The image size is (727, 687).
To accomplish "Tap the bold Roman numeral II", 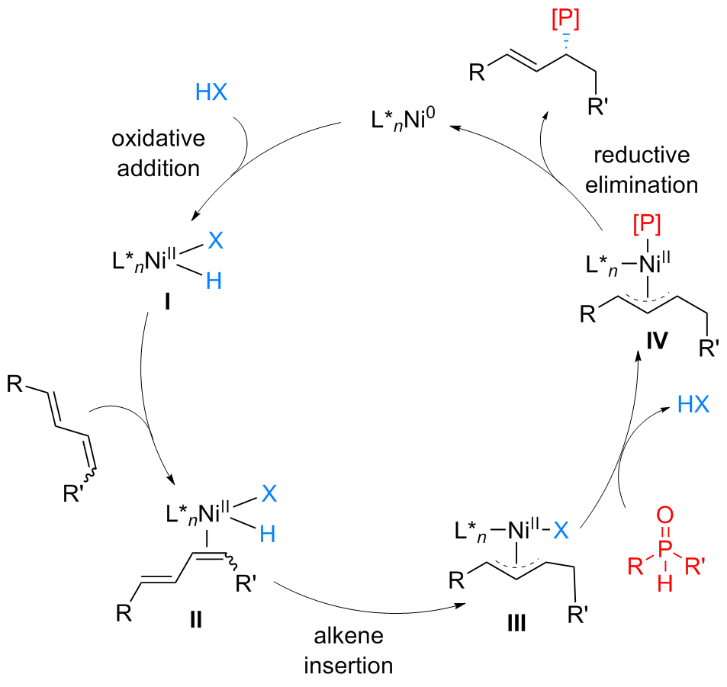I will (x=195, y=617).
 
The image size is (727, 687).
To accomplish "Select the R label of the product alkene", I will (x=476, y=73).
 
